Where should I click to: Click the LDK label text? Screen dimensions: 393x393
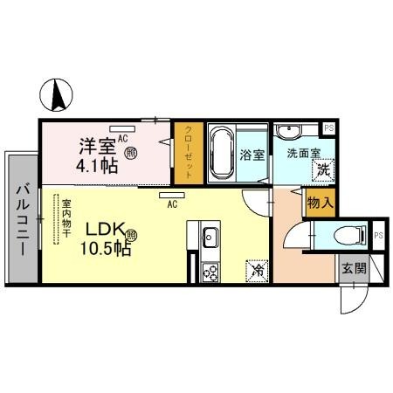(x=105, y=231)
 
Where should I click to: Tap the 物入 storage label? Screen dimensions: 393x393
(x=319, y=202)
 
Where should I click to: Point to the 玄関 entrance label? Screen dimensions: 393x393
(x=352, y=268)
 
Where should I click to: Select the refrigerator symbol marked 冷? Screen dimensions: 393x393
(x=259, y=271)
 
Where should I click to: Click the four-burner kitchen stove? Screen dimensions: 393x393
(x=210, y=272)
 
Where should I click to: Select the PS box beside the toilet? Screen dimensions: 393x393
(x=379, y=235)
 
